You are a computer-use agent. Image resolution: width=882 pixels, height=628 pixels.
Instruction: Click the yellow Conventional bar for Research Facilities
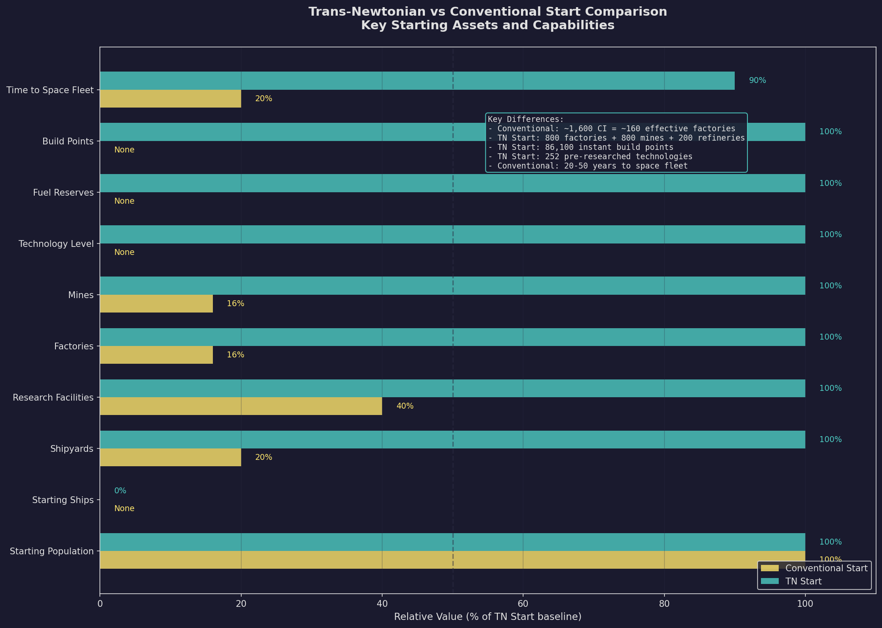tap(241, 406)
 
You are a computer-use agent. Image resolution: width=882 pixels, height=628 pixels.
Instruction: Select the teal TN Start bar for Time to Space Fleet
tap(417, 80)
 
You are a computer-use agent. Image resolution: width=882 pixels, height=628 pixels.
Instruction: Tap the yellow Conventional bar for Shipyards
tap(170, 457)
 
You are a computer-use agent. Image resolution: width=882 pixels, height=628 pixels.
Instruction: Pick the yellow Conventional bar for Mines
tap(156, 304)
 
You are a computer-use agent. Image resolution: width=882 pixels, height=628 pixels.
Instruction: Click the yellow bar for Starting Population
tap(452, 560)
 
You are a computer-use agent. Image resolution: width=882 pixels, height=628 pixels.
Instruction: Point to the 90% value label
tap(757, 80)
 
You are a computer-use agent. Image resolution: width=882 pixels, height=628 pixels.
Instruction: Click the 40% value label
tap(405, 406)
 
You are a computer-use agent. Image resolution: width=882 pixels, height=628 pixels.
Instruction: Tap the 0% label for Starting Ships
tap(120, 491)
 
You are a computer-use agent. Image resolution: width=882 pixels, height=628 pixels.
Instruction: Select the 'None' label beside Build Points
tap(124, 150)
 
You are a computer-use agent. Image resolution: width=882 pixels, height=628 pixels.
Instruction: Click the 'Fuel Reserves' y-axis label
tap(63, 193)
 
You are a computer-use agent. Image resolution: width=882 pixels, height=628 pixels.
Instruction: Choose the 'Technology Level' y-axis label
tap(56, 244)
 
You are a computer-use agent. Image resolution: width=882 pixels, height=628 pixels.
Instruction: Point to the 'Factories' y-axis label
tap(74, 346)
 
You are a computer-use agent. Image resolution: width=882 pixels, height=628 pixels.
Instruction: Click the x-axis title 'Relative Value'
tap(487, 617)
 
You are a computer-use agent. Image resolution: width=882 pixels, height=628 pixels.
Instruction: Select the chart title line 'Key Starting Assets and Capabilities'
tap(487, 25)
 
